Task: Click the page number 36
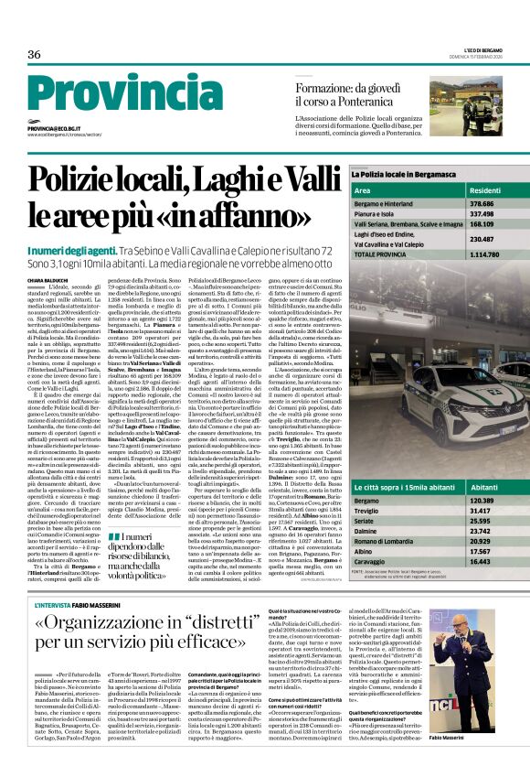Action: pyautogui.click(x=35, y=55)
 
